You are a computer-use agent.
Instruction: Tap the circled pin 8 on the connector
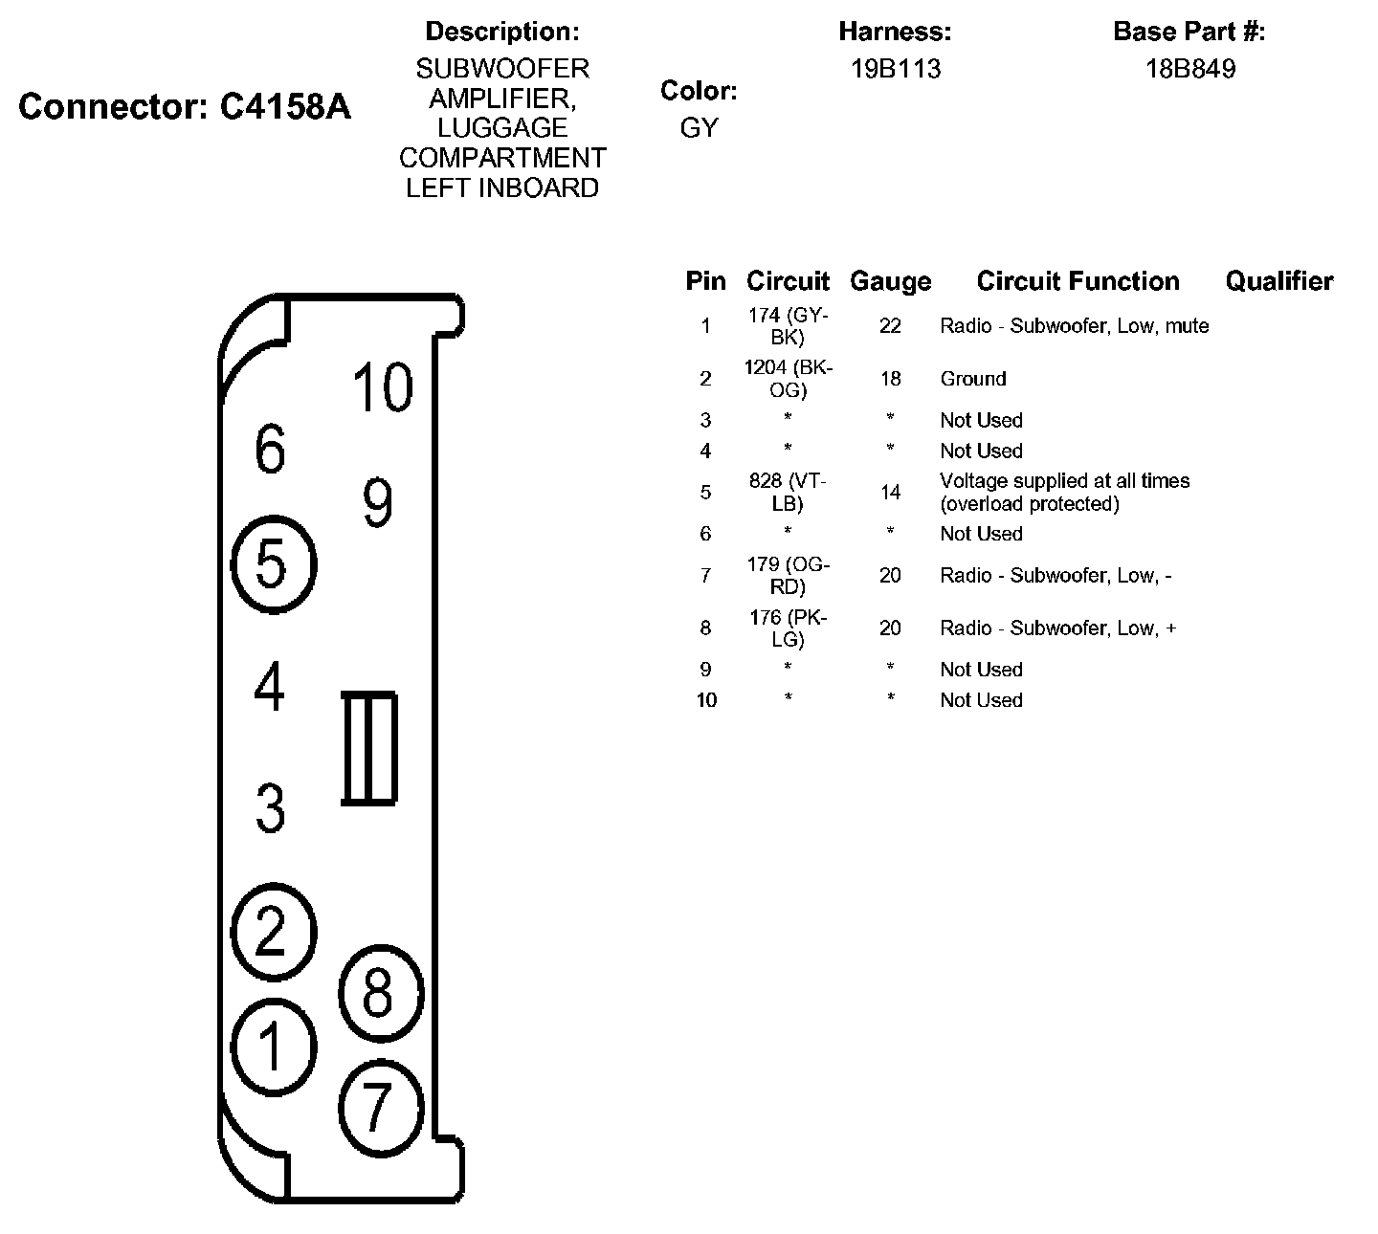pos(380,993)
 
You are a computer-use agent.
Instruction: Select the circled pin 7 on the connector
pos(380,1107)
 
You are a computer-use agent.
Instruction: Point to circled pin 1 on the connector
pos(273,1046)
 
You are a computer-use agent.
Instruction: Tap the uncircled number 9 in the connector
pos(377,502)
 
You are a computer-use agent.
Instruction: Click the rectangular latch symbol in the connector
pos(369,747)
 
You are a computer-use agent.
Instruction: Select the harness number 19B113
pos(896,69)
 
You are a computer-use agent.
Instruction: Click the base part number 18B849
pos(1189,69)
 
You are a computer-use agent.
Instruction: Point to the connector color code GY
pos(699,128)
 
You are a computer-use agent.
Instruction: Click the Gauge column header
pos(890,281)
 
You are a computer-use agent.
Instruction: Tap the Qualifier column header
pos(1278,281)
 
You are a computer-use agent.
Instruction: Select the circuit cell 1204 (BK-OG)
pos(789,379)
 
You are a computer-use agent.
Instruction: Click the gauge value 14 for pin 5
pos(890,493)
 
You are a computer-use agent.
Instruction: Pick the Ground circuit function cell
pos(972,379)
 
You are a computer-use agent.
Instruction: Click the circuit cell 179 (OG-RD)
pos(789,576)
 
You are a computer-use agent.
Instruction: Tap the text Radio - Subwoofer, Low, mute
pos(1074,326)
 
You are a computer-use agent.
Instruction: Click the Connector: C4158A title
pos(185,107)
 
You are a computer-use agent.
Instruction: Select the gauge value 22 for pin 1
pos(890,326)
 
